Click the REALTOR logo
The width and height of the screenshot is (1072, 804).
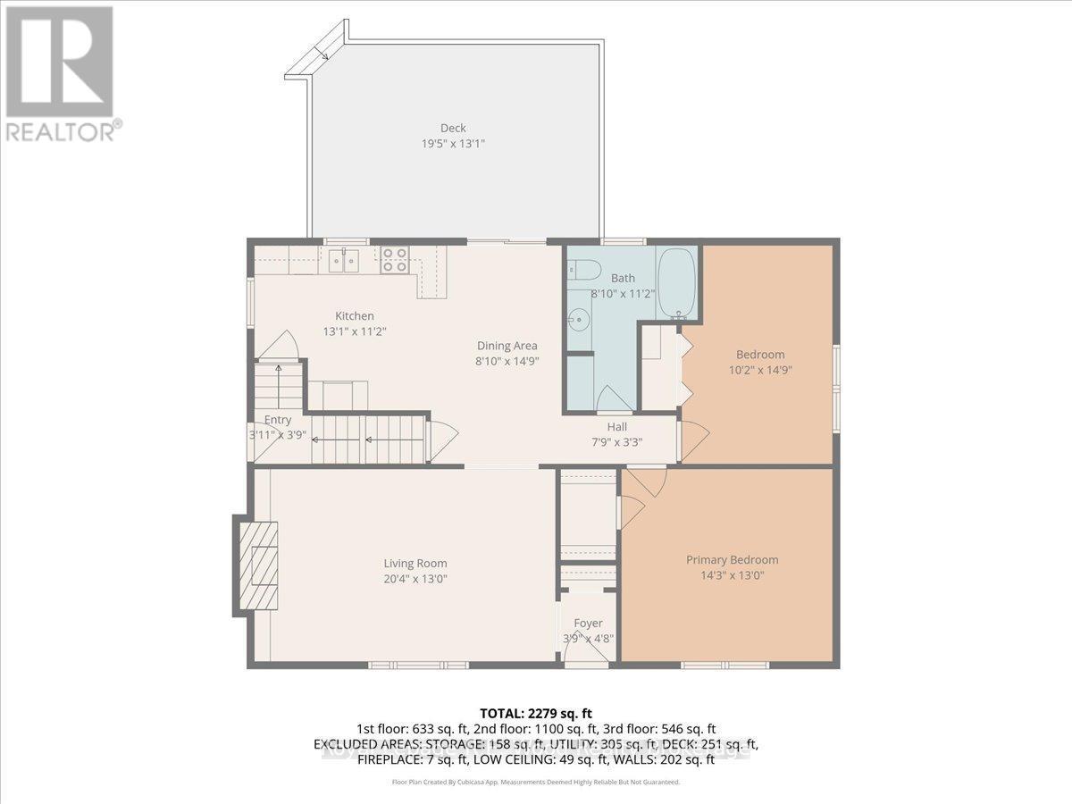coord(60,71)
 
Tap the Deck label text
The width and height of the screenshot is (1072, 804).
coord(453,128)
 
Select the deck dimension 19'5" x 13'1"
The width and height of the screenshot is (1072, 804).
coord(453,143)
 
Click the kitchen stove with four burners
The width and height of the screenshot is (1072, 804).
coord(395,260)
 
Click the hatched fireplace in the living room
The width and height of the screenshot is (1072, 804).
coord(257,565)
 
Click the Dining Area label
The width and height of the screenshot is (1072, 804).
coord(507,346)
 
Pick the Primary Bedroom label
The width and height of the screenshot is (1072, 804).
coord(732,560)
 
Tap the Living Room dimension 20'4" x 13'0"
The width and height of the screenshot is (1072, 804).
coord(415,578)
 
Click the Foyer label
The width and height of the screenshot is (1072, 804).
coord(588,623)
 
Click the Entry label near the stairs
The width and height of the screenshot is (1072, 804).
coord(278,421)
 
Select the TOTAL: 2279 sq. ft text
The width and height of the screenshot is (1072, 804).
coord(536,713)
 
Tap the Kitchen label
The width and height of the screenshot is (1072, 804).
coord(355,315)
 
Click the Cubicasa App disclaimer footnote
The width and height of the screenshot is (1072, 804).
coord(536,782)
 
